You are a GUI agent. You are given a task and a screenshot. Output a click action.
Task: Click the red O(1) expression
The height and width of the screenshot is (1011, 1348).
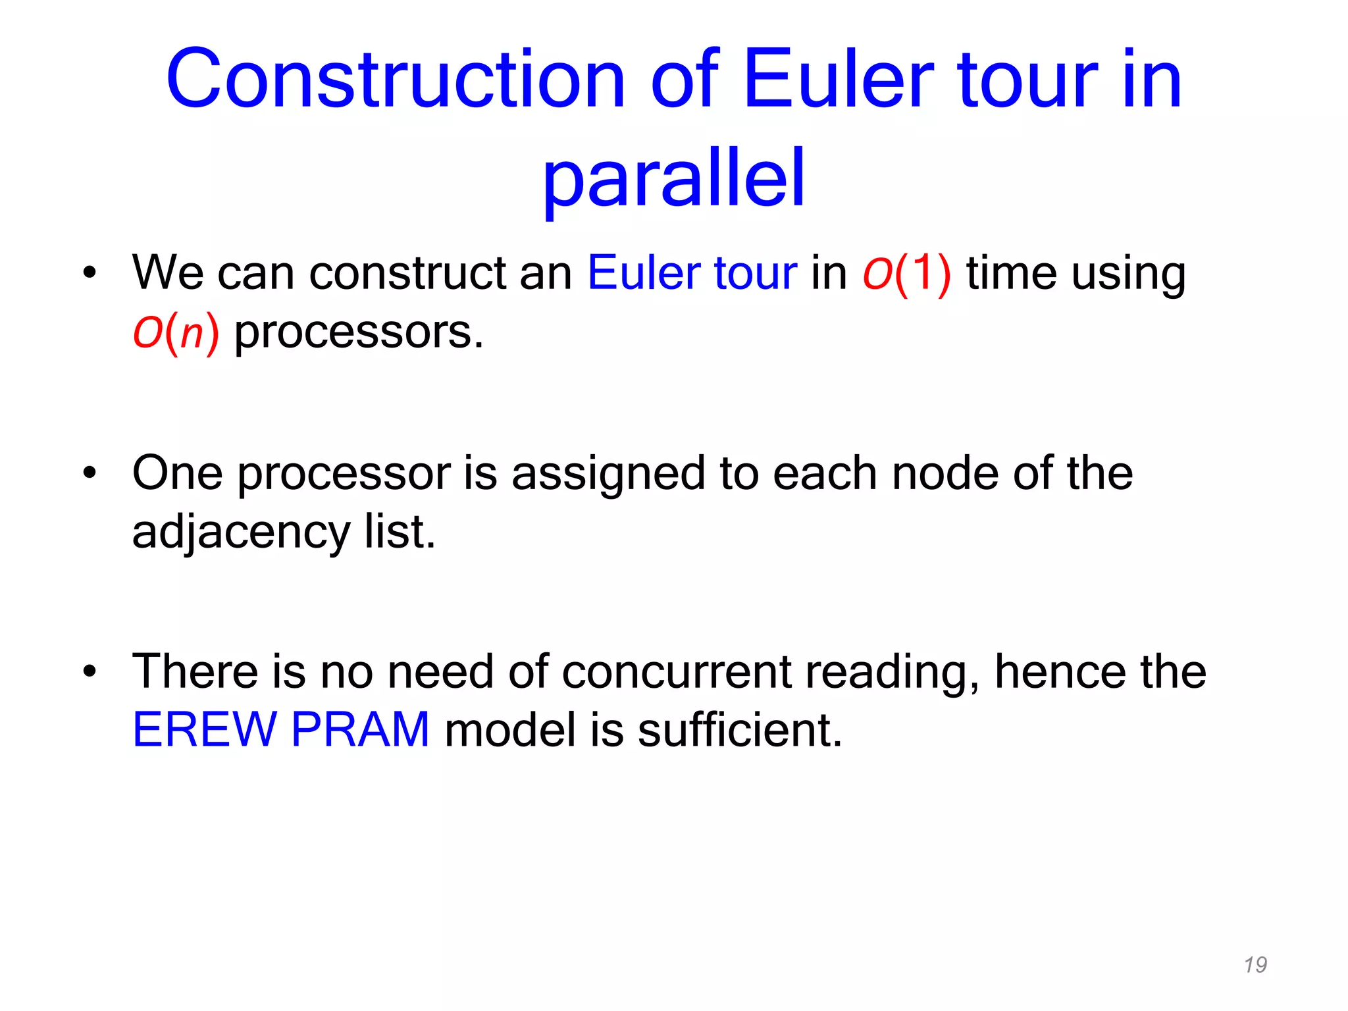(907, 273)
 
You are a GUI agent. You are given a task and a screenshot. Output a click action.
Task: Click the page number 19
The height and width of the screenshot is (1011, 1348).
(1255, 965)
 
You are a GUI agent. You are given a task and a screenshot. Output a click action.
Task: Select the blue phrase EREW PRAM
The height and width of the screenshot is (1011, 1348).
(281, 730)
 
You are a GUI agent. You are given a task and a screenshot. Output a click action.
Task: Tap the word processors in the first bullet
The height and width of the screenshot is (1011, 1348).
(359, 332)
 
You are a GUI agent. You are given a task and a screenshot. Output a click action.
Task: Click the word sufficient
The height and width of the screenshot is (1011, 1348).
(740, 730)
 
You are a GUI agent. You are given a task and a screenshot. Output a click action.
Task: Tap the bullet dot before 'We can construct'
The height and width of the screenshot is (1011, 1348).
(90, 273)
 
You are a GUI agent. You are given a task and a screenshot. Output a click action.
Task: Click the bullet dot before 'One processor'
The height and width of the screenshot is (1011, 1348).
(90, 473)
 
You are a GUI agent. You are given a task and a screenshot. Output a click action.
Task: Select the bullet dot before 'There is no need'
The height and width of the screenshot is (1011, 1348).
(90, 672)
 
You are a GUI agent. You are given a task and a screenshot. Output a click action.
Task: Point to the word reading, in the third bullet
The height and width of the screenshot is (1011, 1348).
(893, 672)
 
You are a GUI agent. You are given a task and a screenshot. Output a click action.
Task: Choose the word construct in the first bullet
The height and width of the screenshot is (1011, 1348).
(407, 273)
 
